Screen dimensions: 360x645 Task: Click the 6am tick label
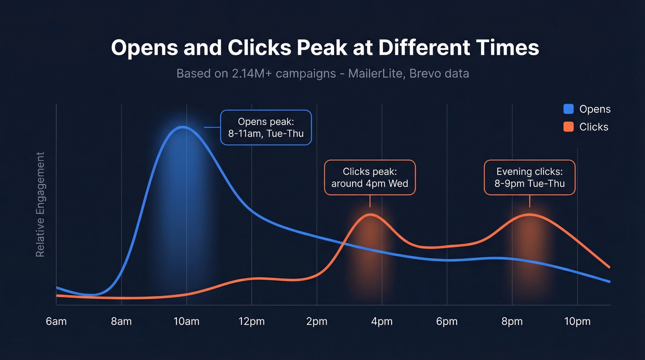click(x=56, y=321)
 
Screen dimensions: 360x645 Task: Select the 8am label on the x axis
click(x=121, y=321)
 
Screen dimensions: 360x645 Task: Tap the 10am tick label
click(x=187, y=321)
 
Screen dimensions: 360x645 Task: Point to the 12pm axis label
click(x=252, y=321)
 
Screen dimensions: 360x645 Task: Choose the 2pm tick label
click(x=317, y=321)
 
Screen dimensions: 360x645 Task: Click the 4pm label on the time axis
click(x=382, y=321)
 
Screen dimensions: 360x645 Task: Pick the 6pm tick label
click(x=447, y=321)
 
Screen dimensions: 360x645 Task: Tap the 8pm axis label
click(x=512, y=321)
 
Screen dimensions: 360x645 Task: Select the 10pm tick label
click(x=577, y=321)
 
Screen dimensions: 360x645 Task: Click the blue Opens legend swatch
click(x=569, y=109)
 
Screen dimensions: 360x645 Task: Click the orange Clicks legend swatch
click(x=569, y=127)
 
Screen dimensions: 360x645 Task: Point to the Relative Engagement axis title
click(x=41, y=204)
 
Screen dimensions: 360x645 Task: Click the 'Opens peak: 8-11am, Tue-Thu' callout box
click(x=266, y=128)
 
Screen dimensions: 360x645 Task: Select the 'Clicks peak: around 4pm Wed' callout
click(x=369, y=177)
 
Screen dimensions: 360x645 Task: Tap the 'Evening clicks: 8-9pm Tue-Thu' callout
click(x=529, y=177)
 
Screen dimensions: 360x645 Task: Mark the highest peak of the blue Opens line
click(x=183, y=126)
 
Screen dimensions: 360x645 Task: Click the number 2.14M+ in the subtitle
click(x=245, y=73)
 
